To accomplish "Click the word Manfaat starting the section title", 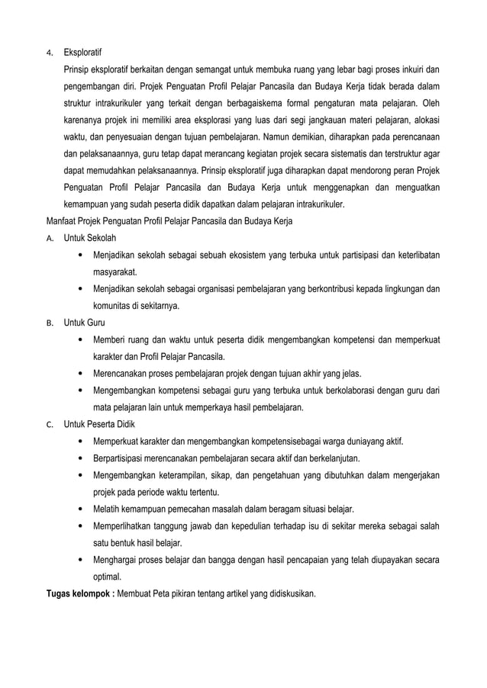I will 63,221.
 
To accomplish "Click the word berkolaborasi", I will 344,391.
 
